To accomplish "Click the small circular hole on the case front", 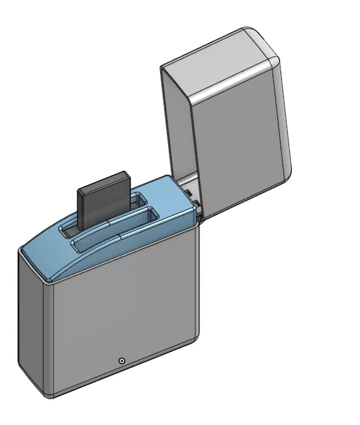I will pyautogui.click(x=121, y=360).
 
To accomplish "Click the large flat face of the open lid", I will pyautogui.click(x=238, y=143).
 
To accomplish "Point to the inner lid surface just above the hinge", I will pyautogui.click(x=189, y=185).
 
